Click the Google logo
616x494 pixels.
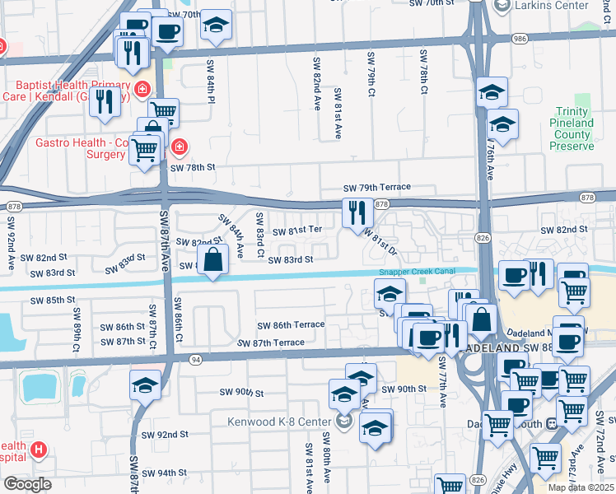(x=28, y=483)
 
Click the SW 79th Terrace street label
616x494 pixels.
(x=377, y=188)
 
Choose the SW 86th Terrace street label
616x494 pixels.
(x=291, y=326)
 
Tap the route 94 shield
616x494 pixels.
(x=194, y=359)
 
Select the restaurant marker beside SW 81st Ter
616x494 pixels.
(x=357, y=213)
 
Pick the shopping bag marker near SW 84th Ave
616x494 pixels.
(x=213, y=259)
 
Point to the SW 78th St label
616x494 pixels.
(x=192, y=167)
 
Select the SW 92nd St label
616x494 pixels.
(x=165, y=434)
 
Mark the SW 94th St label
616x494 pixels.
(x=165, y=473)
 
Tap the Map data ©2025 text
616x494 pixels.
(x=581, y=487)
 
